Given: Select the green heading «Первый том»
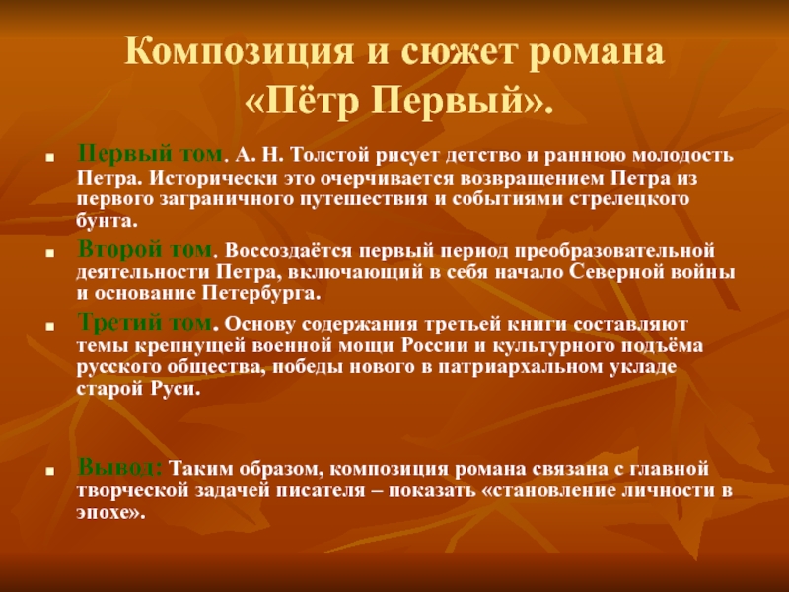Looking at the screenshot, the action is point(150,153).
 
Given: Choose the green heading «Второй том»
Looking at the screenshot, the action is point(145,249).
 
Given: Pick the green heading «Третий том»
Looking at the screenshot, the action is point(144,322).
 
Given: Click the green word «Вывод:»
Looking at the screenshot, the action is point(119,467).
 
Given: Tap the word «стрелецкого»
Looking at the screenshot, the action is point(629,199).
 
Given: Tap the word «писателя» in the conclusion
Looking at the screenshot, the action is point(320,490).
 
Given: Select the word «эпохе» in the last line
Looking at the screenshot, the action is point(108,512).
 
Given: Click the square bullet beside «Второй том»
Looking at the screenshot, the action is point(49,254).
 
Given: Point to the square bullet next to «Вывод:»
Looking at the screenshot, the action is point(49,472).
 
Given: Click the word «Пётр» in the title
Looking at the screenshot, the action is point(305,101).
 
